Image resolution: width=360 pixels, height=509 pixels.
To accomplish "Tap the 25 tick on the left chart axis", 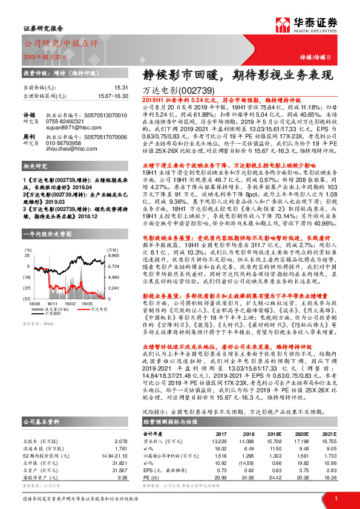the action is (28, 256).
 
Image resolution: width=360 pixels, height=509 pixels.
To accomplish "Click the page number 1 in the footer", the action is (336, 499).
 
